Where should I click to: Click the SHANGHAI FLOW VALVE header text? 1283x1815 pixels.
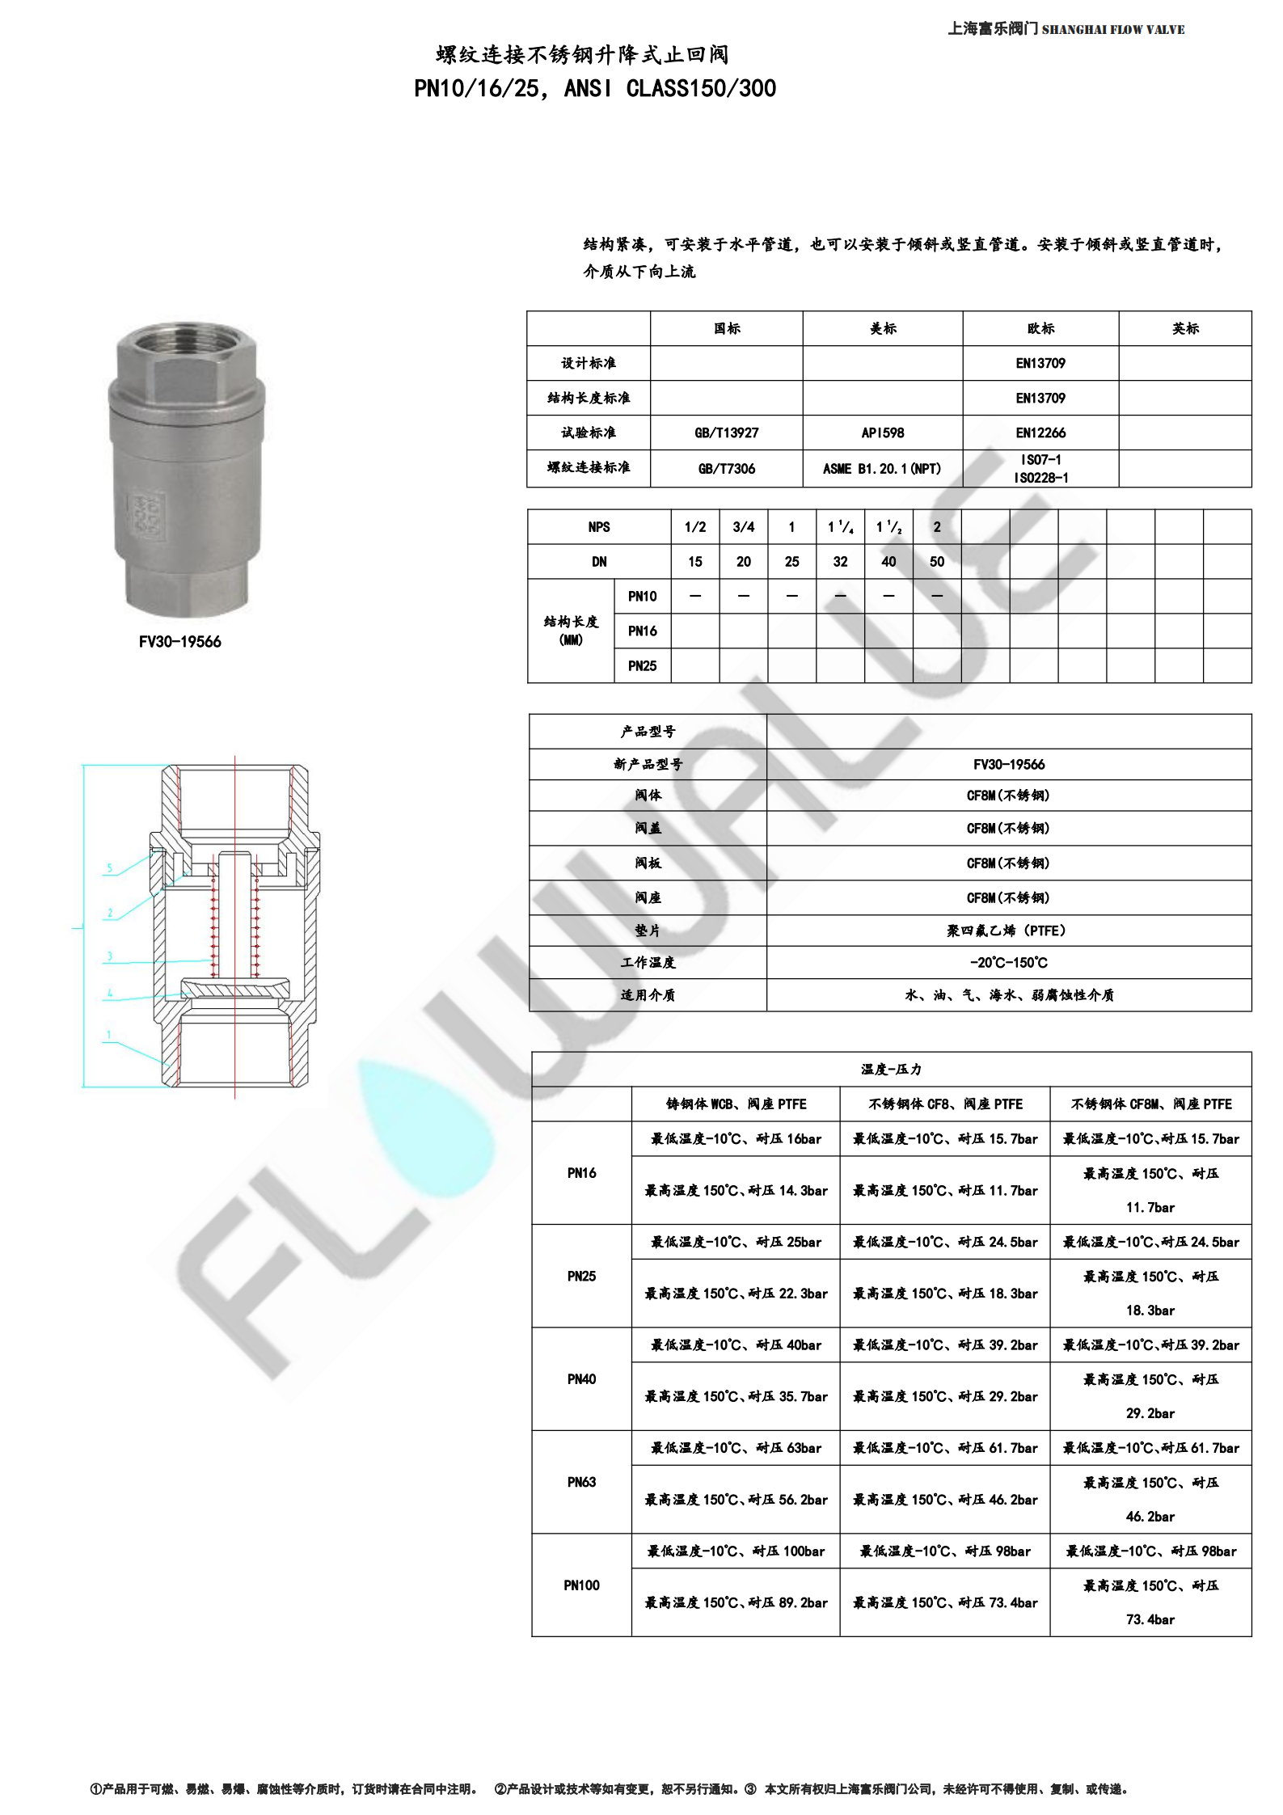pyautogui.click(x=1113, y=30)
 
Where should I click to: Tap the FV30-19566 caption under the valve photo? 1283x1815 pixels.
pyautogui.click(x=179, y=642)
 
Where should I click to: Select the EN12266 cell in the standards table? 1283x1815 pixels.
pyautogui.click(x=1040, y=433)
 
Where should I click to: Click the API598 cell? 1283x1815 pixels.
pyautogui.click(x=882, y=433)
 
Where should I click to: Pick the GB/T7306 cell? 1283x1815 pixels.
pyautogui.click(x=726, y=468)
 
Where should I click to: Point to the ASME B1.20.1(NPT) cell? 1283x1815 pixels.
pyautogui.click(x=882, y=468)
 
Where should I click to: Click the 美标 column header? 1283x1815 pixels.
pyautogui.click(x=882, y=328)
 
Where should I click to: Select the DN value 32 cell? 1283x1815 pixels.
pyautogui.click(x=840, y=561)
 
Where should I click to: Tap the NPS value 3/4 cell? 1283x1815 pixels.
pyautogui.click(x=743, y=527)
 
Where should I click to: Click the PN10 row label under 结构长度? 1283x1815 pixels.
pyautogui.click(x=642, y=596)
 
